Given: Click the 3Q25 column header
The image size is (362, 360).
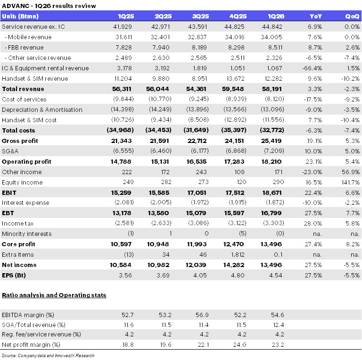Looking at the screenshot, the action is (x=200, y=16).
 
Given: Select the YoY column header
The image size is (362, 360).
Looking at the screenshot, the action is (x=316, y=16).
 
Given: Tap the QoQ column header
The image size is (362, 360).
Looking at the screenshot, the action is (x=352, y=16).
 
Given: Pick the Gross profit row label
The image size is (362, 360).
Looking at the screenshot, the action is (x=20, y=141).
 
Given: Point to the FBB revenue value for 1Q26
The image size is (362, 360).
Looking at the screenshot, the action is (x=275, y=47).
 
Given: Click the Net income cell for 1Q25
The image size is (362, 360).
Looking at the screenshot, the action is (x=120, y=265).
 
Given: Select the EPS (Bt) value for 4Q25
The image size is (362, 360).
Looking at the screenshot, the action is (x=238, y=275).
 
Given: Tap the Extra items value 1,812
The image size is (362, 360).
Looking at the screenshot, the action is (x=238, y=254).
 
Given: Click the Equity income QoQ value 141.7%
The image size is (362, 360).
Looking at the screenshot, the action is (x=351, y=182).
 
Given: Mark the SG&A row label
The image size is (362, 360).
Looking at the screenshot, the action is (x=10, y=151).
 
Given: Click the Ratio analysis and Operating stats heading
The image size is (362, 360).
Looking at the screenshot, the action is (x=54, y=295).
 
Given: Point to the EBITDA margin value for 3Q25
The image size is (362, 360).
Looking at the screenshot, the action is (x=202, y=315).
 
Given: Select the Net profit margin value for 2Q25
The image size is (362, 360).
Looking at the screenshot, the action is (x=165, y=345).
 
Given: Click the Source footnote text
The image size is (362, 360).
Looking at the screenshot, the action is (x=48, y=355).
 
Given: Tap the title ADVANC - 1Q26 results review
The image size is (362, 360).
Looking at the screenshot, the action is (x=49, y=6).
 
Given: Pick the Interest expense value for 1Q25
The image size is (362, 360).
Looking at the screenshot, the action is (x=124, y=202).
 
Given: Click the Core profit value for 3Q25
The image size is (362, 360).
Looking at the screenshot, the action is (x=197, y=244).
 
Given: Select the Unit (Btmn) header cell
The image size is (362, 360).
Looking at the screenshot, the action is (x=20, y=16).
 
